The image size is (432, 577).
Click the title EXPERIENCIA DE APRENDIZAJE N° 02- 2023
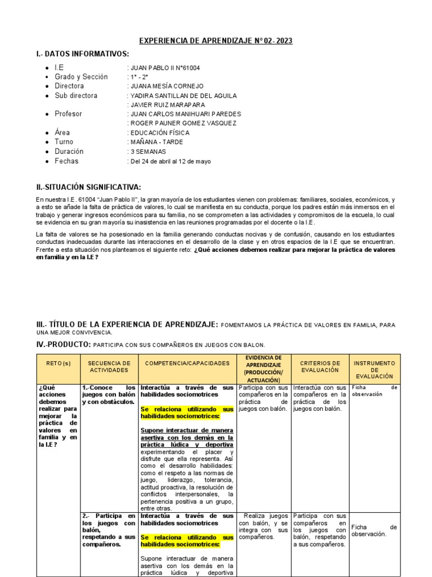pyautogui.click(x=215, y=41)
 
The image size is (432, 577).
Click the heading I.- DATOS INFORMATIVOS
pyautogui.click(x=83, y=54)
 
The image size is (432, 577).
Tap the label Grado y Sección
pyautogui.click(x=81, y=77)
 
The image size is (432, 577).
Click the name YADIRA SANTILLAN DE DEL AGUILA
pyautogui.click(x=184, y=96)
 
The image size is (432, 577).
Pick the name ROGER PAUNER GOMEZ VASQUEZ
pyautogui.click(x=184, y=123)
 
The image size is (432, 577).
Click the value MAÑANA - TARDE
pyautogui.click(x=157, y=142)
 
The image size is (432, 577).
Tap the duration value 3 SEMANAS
pyautogui.click(x=148, y=152)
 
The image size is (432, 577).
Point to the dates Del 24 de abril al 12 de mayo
pyautogui.click(x=170, y=161)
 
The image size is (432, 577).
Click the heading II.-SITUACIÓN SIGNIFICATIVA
pyautogui.click(x=89, y=187)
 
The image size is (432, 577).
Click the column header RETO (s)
pyautogui.click(x=58, y=363)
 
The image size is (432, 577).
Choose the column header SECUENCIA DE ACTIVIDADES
pyautogui.click(x=109, y=367)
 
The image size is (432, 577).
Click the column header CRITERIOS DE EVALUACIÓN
pyautogui.click(x=320, y=367)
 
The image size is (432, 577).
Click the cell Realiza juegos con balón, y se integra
pyautogui.click(x=263, y=526)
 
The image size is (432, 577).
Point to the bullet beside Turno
pyautogui.click(x=46, y=143)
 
